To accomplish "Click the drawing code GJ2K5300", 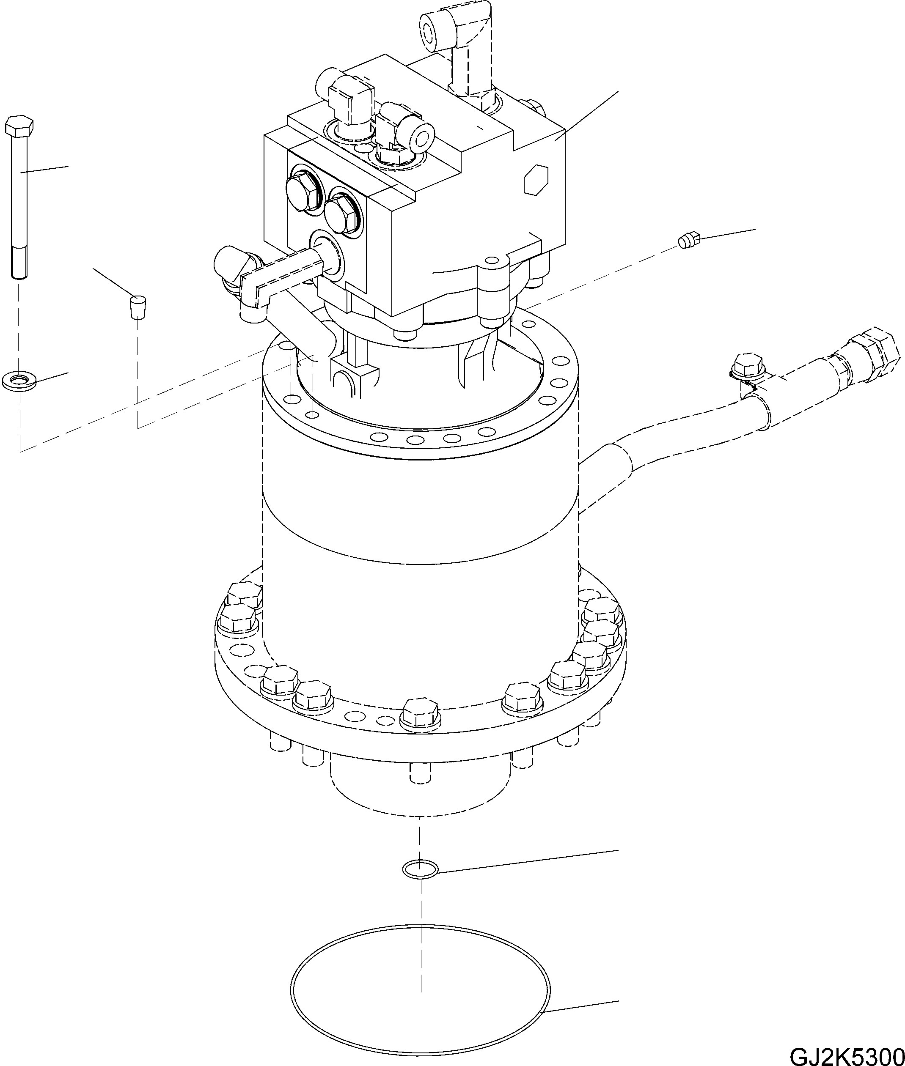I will pyautogui.click(x=847, y=1054).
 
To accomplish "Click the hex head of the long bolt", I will pyautogui.click(x=19, y=126).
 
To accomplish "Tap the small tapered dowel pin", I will pyautogui.click(x=137, y=307).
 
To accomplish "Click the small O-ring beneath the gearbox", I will pyautogui.click(x=420, y=869).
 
